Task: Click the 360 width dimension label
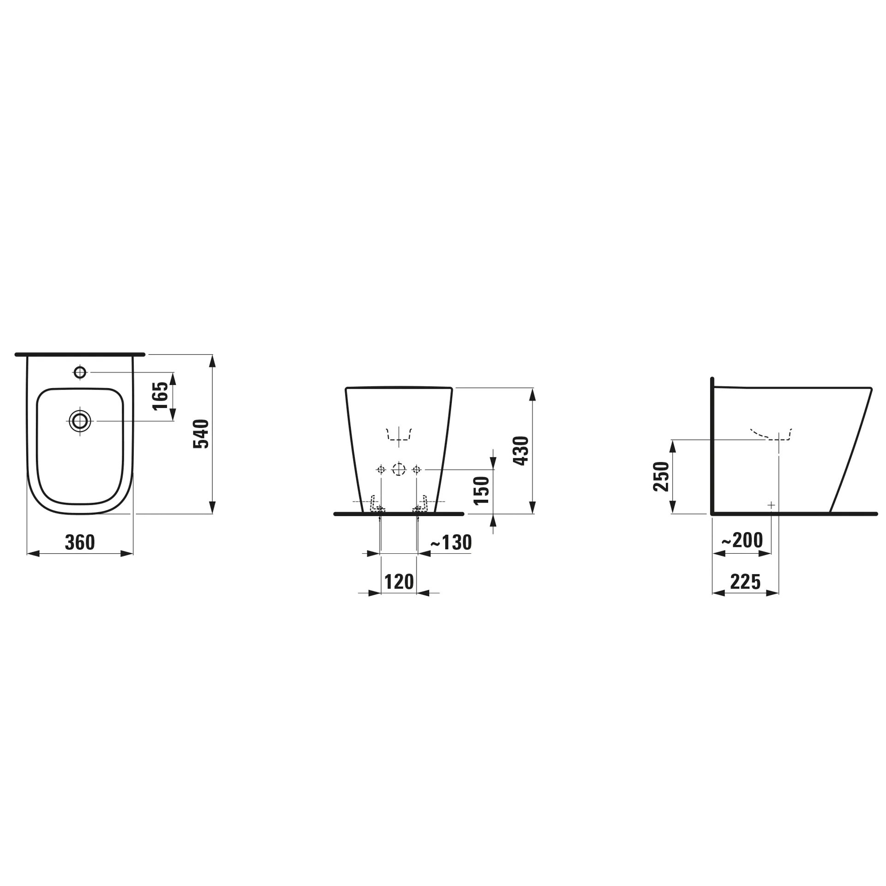click(x=80, y=542)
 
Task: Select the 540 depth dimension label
click(x=201, y=434)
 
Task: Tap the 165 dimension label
click(x=161, y=395)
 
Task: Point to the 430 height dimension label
click(x=521, y=450)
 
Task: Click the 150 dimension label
click(x=481, y=491)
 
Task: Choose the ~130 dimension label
click(x=451, y=543)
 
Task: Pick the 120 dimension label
click(x=399, y=582)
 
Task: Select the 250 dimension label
click(x=661, y=477)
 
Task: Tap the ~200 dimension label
click(x=742, y=540)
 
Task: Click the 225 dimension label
click(x=745, y=582)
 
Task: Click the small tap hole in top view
click(x=80, y=372)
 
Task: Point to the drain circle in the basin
click(x=80, y=421)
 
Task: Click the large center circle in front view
click(x=399, y=470)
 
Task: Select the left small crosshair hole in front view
click(x=381, y=470)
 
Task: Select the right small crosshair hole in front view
click(x=416, y=470)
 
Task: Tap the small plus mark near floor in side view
click(x=771, y=505)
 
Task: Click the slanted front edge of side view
click(x=851, y=450)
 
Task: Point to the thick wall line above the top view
click(x=80, y=354)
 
